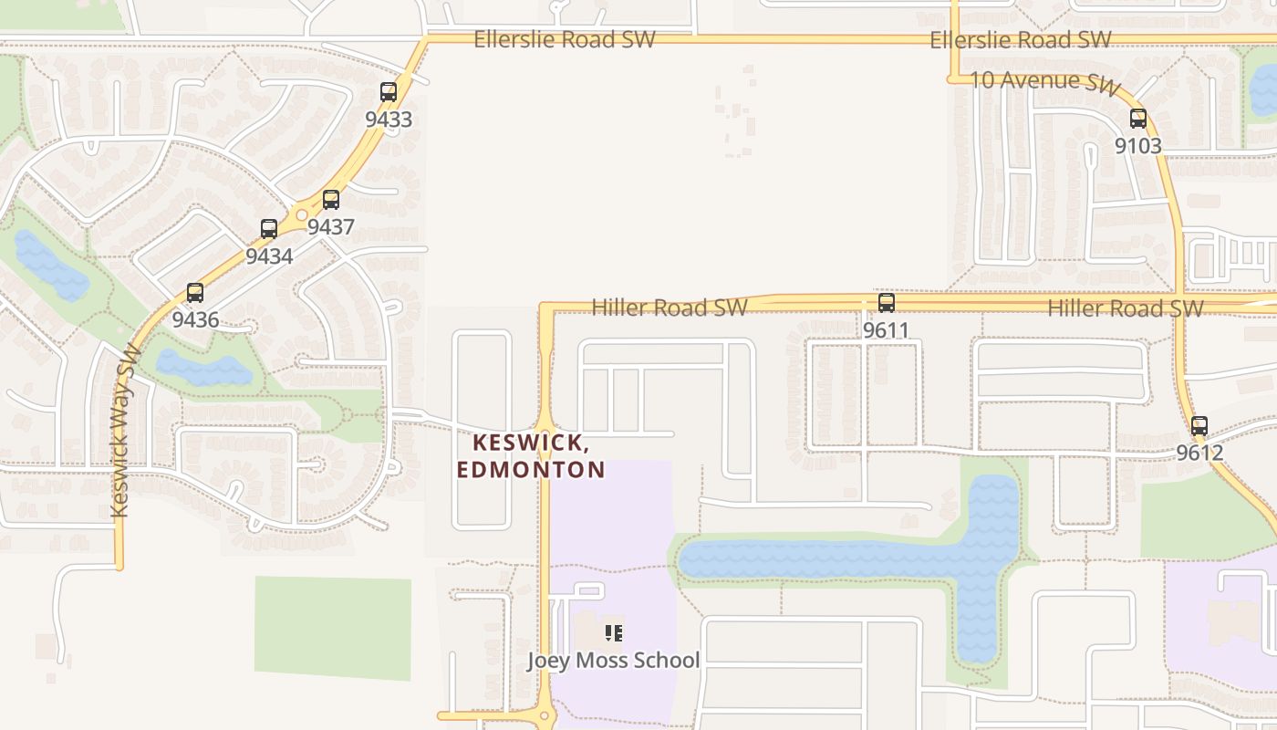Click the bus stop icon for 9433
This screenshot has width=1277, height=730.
389,92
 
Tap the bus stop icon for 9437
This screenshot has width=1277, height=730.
331,200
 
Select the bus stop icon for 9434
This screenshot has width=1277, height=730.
269,229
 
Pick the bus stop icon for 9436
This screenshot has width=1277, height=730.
195,293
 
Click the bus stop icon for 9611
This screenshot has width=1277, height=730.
886,303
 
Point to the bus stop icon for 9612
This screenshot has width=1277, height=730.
1199,426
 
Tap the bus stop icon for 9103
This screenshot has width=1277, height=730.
1138,119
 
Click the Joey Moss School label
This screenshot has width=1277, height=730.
613,661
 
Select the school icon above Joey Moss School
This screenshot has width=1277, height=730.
613,632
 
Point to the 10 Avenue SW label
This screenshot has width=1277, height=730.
1044,81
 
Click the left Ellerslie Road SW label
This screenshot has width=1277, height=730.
564,39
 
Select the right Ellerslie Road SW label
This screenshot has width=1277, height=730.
1020,39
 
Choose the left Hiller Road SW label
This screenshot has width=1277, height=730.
670,308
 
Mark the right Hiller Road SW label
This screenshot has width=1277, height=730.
1125,308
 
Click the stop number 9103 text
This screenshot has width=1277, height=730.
1138,146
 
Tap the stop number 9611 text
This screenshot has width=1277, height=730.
886,330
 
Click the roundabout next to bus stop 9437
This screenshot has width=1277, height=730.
302,215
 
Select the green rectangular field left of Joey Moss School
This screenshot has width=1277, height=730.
332,628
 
